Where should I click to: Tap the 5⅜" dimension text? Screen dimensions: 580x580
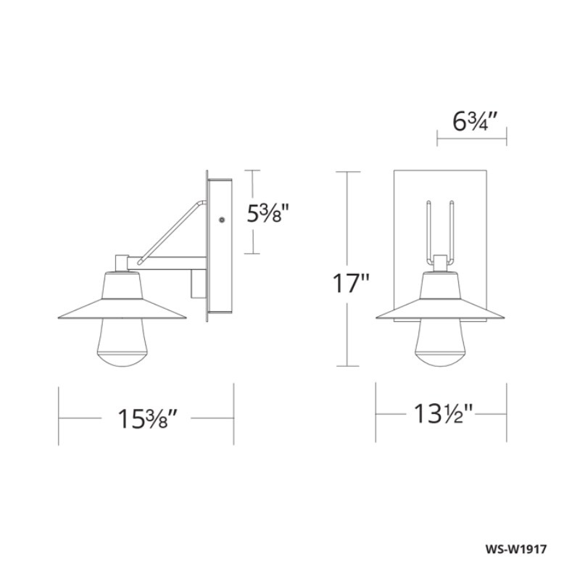270,214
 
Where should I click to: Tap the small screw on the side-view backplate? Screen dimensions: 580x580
221,218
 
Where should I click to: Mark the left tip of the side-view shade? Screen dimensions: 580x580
58,318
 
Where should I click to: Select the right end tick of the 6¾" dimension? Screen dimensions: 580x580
505,136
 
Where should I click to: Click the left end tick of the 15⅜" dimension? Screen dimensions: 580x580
59,418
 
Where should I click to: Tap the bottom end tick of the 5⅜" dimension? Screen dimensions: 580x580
251,254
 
